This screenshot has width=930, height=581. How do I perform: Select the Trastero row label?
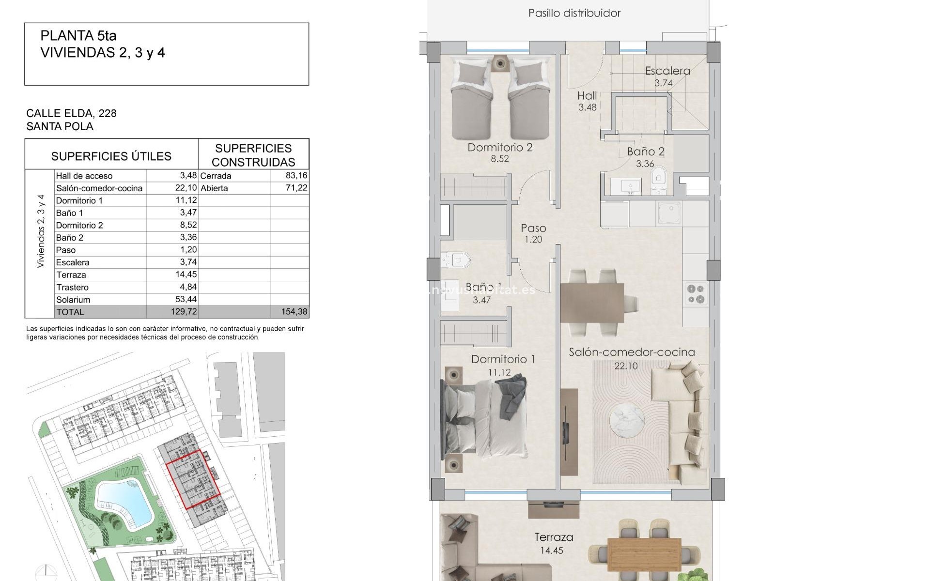(73, 287)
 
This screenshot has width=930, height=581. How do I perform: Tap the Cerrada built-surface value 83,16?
(296, 175)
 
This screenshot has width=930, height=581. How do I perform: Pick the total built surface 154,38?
(294, 312)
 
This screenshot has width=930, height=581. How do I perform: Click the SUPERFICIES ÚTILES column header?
(111, 156)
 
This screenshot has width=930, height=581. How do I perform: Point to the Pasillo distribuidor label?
(574, 13)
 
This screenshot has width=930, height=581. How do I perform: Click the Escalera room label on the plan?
(667, 71)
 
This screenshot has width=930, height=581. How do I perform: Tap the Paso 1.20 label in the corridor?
(533, 233)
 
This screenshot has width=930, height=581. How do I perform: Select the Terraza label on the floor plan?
(554, 537)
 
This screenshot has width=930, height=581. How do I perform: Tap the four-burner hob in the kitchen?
(696, 294)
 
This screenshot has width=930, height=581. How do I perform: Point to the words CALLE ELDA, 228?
(71, 113)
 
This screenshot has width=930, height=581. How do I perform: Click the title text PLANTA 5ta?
(78, 35)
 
